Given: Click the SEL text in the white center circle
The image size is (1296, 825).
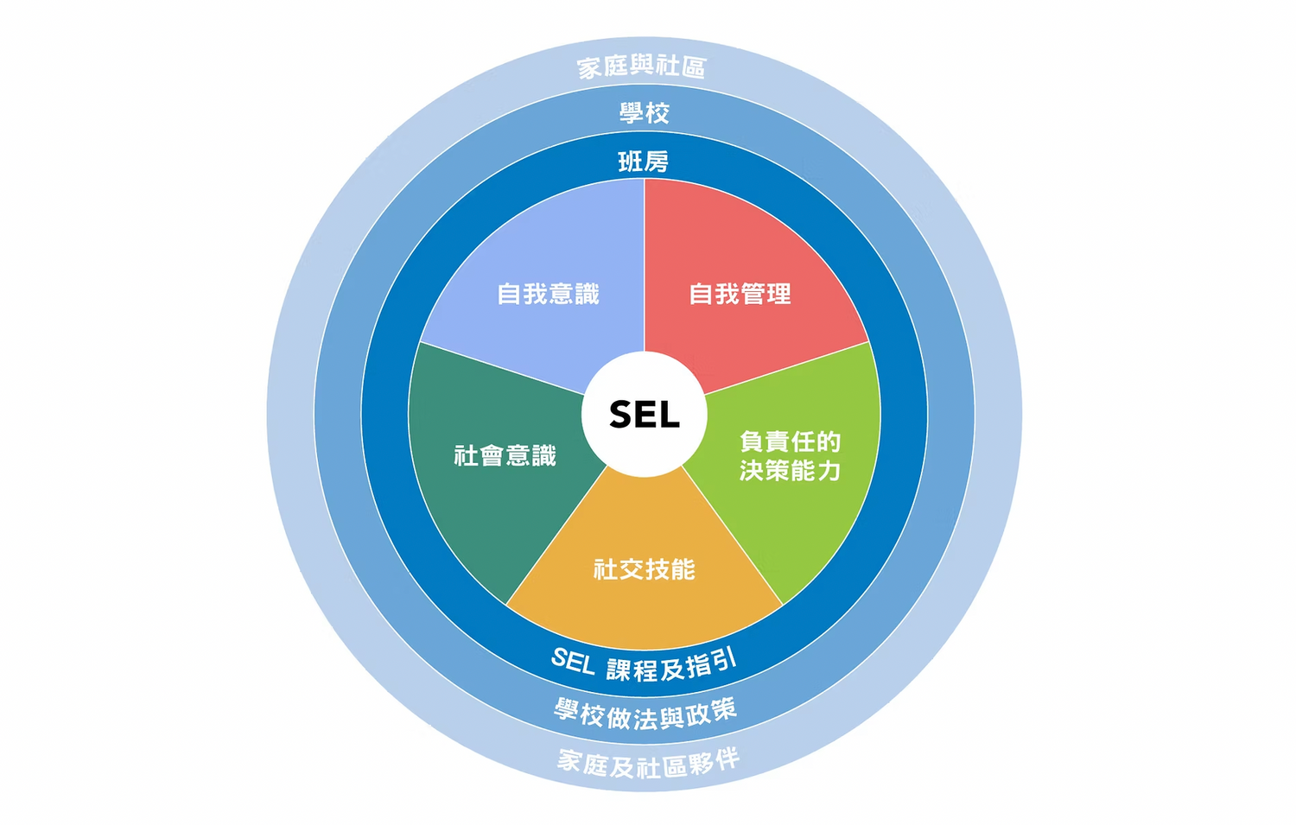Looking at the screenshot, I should coord(645,415).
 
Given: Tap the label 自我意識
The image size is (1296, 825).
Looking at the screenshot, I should coord(549,295).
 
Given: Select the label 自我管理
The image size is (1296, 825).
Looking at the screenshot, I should coord(740,295).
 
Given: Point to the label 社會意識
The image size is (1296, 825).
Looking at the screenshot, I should coord(505,456).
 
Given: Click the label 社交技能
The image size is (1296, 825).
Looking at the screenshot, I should coord(645,569).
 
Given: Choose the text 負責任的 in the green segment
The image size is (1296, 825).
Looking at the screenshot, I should coord(791,442).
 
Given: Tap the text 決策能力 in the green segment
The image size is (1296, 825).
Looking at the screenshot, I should coord(791,471).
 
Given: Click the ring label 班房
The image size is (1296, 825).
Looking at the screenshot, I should coord(644,162).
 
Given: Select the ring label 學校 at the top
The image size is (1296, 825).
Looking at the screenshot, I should coord(645,113).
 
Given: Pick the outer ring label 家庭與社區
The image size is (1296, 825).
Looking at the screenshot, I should coord(642,67).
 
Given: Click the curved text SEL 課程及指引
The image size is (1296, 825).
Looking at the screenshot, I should coord(645,666).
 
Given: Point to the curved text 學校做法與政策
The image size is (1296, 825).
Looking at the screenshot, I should coord(645,714).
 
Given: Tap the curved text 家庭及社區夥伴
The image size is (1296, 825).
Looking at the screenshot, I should coord(648,763).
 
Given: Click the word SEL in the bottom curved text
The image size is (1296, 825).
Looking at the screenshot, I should coord(573,662).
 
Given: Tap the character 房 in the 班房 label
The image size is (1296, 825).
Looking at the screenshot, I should coord(657,162).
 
